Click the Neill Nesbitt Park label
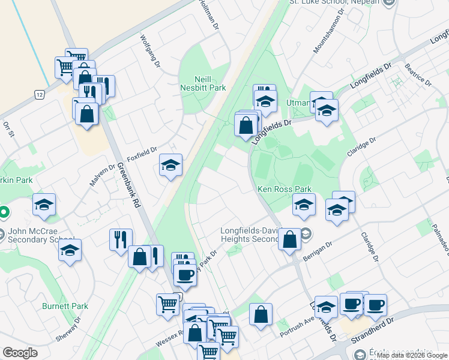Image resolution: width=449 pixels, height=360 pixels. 202,83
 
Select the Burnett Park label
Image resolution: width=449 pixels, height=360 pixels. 65,306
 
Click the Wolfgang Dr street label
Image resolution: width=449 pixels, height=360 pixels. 151,50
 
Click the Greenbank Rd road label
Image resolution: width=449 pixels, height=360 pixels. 128,185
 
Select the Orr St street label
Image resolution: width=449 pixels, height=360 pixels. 8,129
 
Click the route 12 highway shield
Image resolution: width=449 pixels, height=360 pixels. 39,95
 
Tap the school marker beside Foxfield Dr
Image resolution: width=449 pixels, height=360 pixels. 170,164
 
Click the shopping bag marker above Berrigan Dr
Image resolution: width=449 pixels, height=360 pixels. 289,239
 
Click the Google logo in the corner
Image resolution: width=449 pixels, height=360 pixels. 20,353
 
